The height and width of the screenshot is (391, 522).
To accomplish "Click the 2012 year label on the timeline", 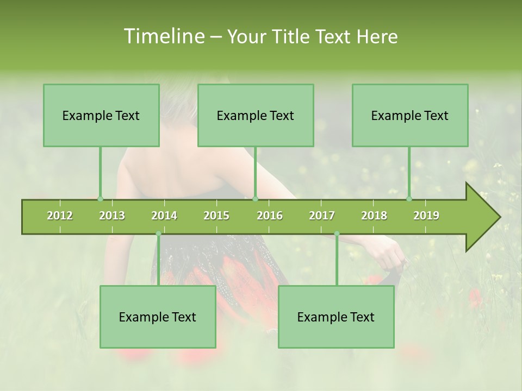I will (x=60, y=216).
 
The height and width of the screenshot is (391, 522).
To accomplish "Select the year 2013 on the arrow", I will (x=112, y=216).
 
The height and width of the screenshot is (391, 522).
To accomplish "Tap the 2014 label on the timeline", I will (x=164, y=216).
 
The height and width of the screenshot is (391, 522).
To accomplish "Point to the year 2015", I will (x=216, y=216).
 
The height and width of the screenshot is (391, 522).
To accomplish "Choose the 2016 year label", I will (x=270, y=216).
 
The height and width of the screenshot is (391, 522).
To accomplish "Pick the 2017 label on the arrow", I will (x=322, y=216).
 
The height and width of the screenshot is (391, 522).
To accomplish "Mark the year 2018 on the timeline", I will (x=374, y=216).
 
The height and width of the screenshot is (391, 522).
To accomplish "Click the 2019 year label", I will (x=426, y=216).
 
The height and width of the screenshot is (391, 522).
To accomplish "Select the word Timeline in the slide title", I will (x=163, y=36).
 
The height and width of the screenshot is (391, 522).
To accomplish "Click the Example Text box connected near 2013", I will (x=101, y=115).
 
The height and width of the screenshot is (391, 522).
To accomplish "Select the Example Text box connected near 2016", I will (x=256, y=115).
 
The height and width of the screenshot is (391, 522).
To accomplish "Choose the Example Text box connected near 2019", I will (x=410, y=115).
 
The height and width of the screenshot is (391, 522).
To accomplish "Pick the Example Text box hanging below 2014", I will (x=158, y=317).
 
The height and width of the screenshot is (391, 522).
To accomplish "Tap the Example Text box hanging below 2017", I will (x=336, y=317).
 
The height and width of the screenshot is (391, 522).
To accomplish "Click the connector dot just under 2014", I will (x=158, y=234).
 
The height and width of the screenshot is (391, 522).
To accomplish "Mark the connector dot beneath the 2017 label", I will (x=337, y=234).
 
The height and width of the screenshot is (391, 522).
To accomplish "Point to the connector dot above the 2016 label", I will (x=256, y=199).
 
